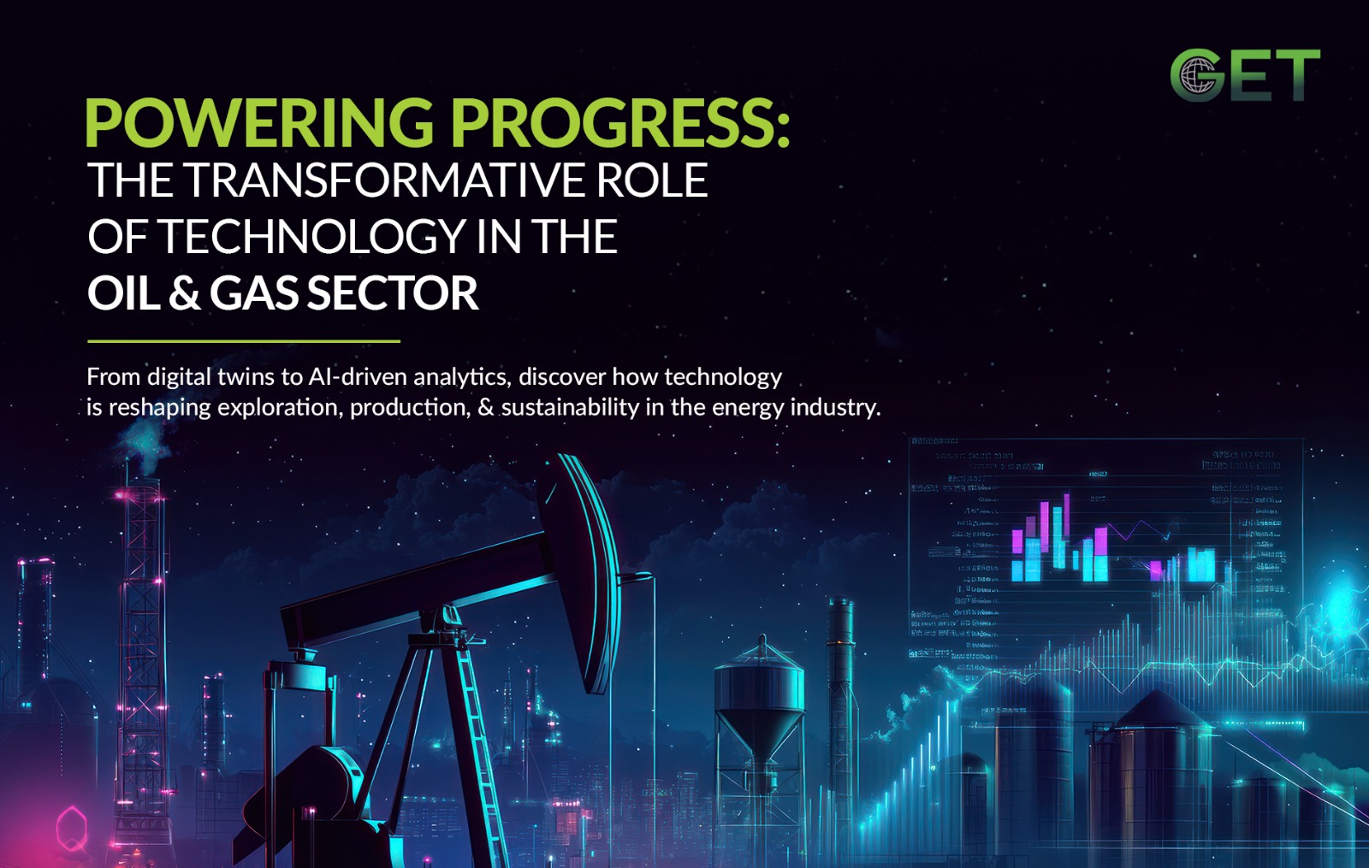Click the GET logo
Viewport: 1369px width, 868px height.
click(1245, 75)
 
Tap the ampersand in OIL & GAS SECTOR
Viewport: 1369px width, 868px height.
click(184, 293)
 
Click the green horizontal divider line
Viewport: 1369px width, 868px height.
click(244, 341)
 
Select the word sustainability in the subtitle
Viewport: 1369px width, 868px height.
click(570, 407)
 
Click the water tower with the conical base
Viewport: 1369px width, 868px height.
click(759, 701)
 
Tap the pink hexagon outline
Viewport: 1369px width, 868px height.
click(72, 827)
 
